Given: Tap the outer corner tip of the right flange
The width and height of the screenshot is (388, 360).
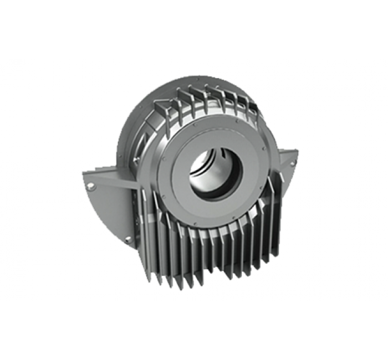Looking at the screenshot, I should [298, 151].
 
